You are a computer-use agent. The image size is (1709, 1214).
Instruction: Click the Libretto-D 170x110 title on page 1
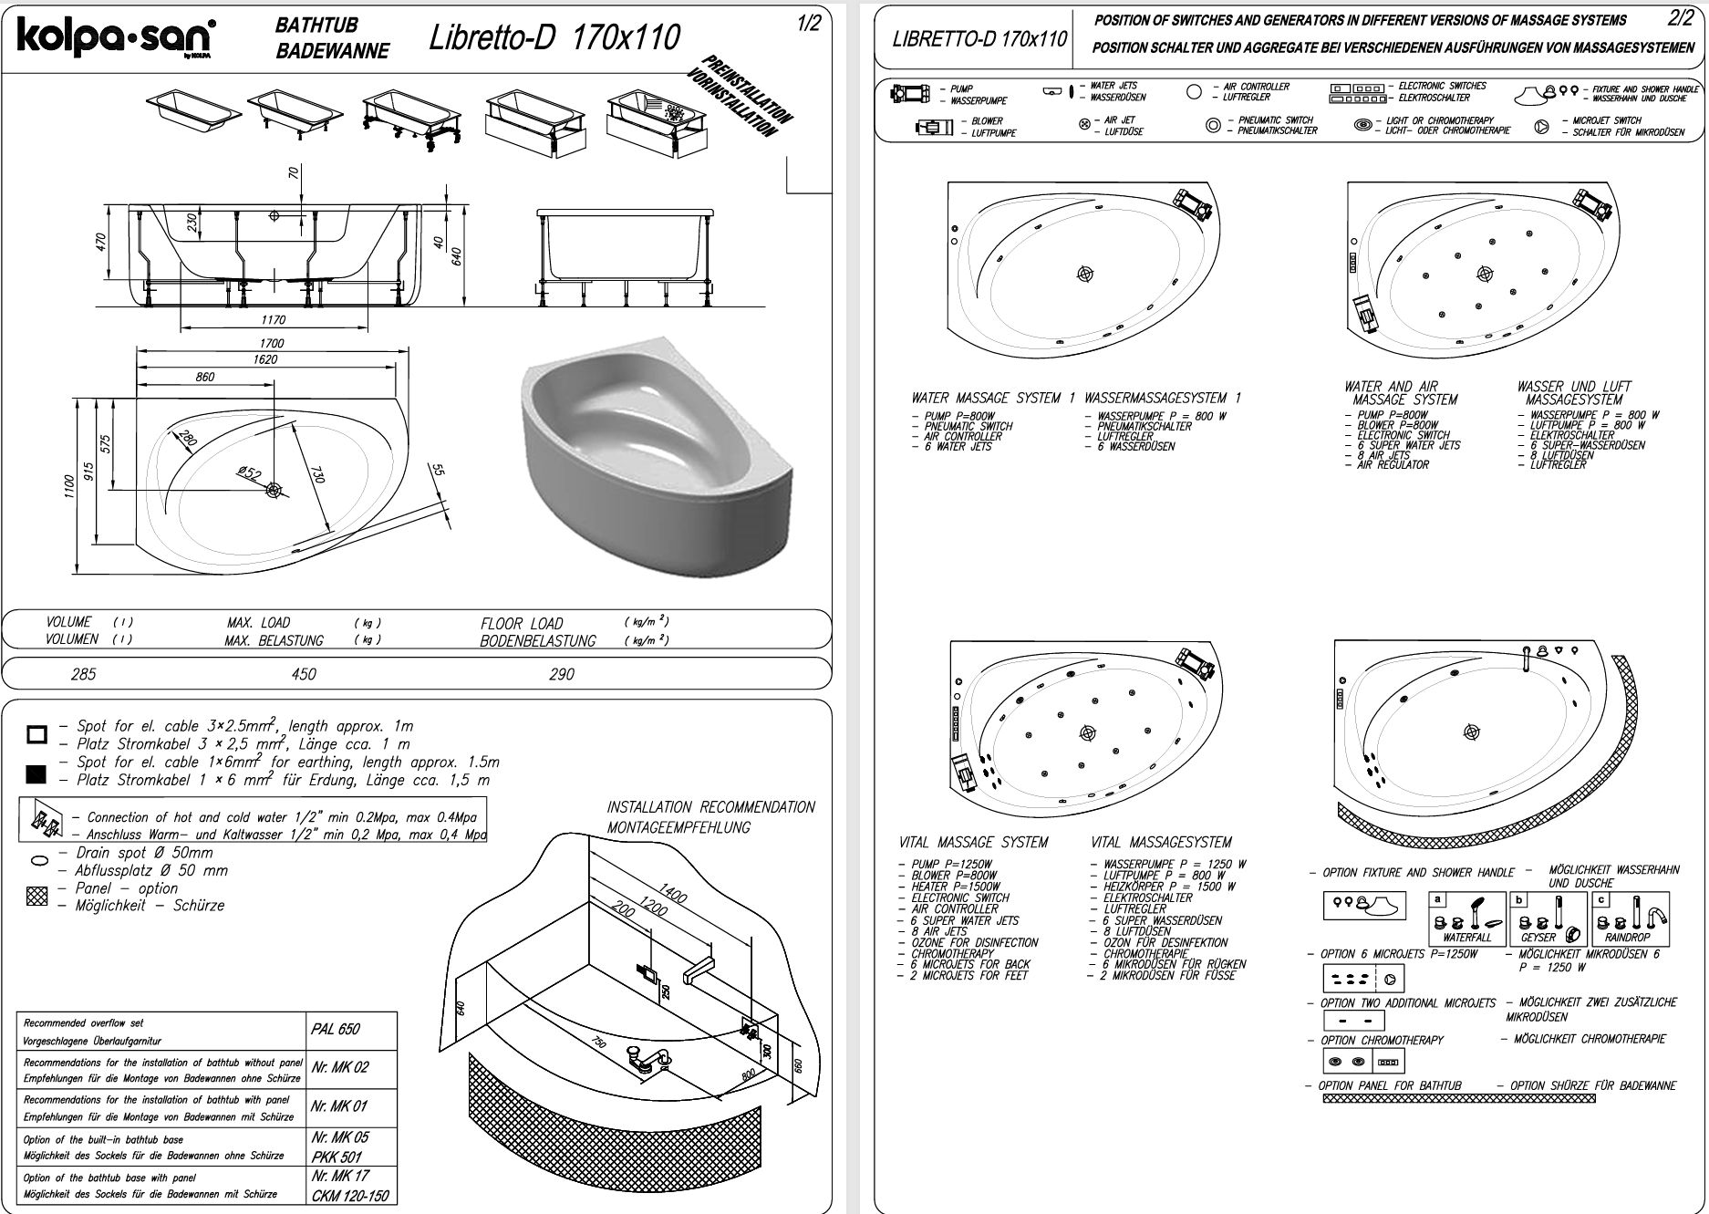click(554, 37)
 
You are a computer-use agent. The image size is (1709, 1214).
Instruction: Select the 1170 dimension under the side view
click(273, 320)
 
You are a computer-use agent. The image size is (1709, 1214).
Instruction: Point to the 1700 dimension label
click(272, 344)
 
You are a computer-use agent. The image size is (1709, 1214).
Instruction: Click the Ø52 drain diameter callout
click(249, 472)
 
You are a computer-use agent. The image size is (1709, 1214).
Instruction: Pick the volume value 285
click(83, 674)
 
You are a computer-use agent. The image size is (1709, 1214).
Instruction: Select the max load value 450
click(303, 674)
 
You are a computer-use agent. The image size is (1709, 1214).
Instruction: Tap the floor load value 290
click(562, 674)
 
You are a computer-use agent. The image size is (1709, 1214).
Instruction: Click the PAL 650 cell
click(336, 1030)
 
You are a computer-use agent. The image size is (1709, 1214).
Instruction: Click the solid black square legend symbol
click(36, 774)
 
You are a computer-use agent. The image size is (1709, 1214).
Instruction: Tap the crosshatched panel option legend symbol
click(37, 897)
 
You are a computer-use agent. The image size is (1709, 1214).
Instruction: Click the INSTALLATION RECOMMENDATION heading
click(711, 807)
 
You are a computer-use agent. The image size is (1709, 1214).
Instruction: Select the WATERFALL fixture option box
click(1467, 918)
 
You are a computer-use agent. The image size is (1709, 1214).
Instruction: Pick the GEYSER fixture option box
click(1547, 918)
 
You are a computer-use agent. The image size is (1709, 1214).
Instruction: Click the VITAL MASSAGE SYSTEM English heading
click(974, 842)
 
